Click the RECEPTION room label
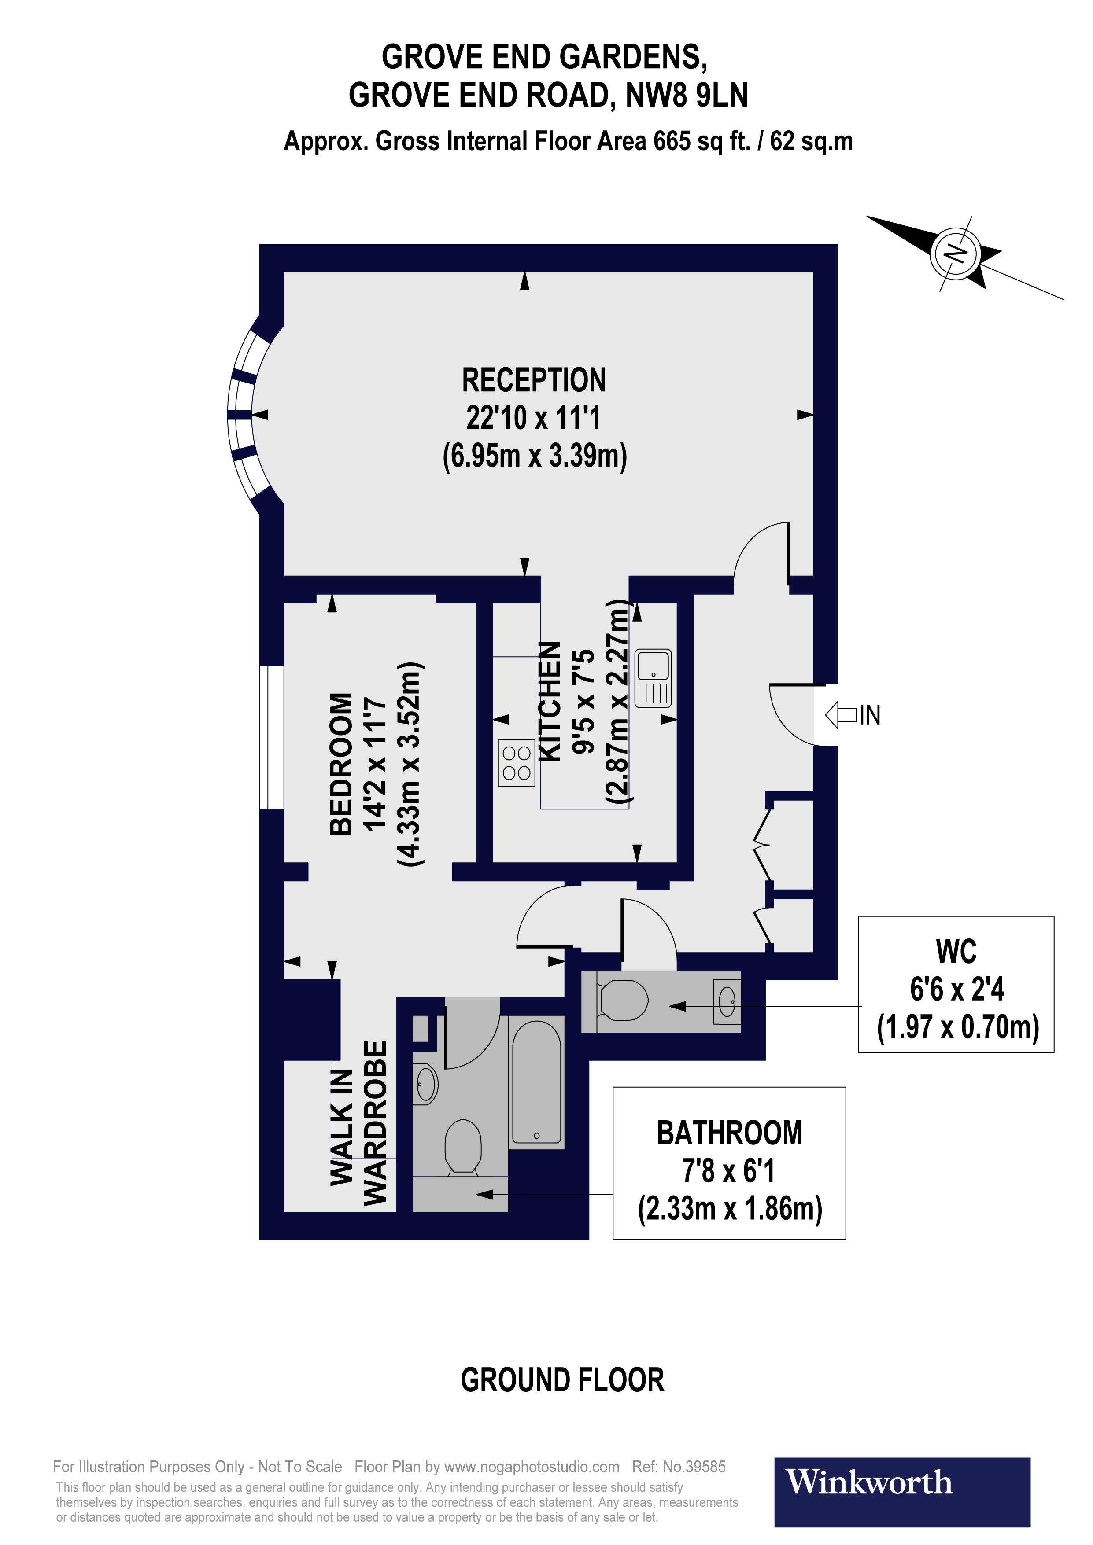pos(534,381)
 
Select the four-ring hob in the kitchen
pos(516,763)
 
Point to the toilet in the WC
pos(623,1000)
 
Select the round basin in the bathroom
pos(425,1084)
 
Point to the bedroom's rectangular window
pos(271,737)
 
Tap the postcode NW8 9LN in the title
pos(687,96)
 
